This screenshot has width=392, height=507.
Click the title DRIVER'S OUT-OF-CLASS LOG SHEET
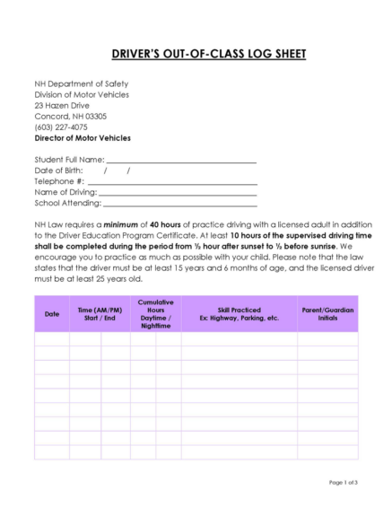pyautogui.click(x=196, y=54)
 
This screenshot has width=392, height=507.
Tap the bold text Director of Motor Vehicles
pyautogui.click(x=83, y=138)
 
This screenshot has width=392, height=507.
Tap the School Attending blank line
pyautogui.click(x=179, y=205)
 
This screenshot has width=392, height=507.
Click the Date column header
pyautogui.click(x=52, y=314)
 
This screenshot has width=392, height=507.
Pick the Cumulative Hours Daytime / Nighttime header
pyautogui.click(x=155, y=314)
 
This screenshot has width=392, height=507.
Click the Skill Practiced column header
pyautogui.click(x=240, y=314)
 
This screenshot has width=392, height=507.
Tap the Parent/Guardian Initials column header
pyautogui.click(x=327, y=314)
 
